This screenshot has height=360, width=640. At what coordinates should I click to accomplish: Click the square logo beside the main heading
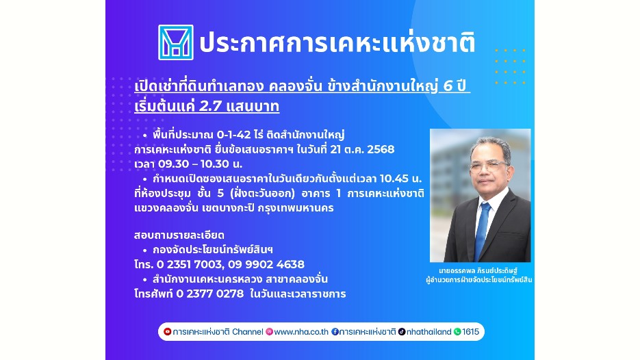click(x=175, y=42)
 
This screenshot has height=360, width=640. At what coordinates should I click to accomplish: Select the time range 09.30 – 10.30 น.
click(x=188, y=164)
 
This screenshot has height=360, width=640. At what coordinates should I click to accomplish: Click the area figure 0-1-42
click(x=233, y=135)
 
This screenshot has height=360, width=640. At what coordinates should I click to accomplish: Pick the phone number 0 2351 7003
click(x=190, y=264)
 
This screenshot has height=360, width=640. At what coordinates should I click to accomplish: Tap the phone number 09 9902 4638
click(x=266, y=264)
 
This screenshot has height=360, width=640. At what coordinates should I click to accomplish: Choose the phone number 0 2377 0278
click(x=209, y=294)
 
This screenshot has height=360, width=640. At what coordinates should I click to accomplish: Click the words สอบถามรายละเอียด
click(x=179, y=235)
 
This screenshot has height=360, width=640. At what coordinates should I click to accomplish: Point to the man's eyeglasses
click(x=488, y=166)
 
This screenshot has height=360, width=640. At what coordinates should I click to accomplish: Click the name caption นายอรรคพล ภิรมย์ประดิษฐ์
click(x=478, y=270)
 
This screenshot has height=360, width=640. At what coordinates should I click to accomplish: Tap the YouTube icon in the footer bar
click(x=167, y=331)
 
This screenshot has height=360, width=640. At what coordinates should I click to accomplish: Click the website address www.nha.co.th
click(x=301, y=332)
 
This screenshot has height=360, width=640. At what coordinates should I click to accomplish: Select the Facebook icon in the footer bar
click(x=335, y=331)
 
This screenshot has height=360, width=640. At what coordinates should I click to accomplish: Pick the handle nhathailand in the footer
click(x=429, y=332)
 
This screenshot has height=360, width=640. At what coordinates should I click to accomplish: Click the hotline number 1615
click(x=471, y=332)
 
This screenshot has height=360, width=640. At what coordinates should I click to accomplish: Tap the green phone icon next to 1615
click(x=457, y=331)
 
